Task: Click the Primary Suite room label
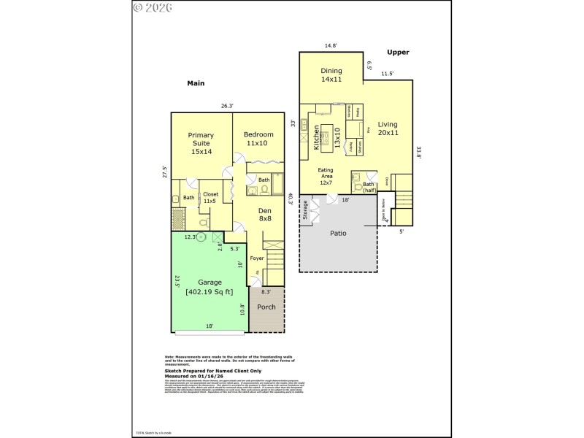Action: point(201,143)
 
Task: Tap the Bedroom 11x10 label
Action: point(258,139)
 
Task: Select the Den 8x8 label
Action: point(265,214)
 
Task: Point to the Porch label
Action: point(266,307)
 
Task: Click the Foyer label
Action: point(257,258)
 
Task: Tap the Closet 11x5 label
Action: point(211,197)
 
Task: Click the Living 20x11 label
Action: point(388,128)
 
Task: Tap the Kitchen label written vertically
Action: point(316,137)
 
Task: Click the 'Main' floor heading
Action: point(196,83)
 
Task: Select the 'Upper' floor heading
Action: point(398,52)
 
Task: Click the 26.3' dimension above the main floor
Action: point(227,106)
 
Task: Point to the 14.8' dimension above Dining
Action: point(330,47)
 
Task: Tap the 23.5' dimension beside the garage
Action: point(177,282)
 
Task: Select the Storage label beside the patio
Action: point(304,210)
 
